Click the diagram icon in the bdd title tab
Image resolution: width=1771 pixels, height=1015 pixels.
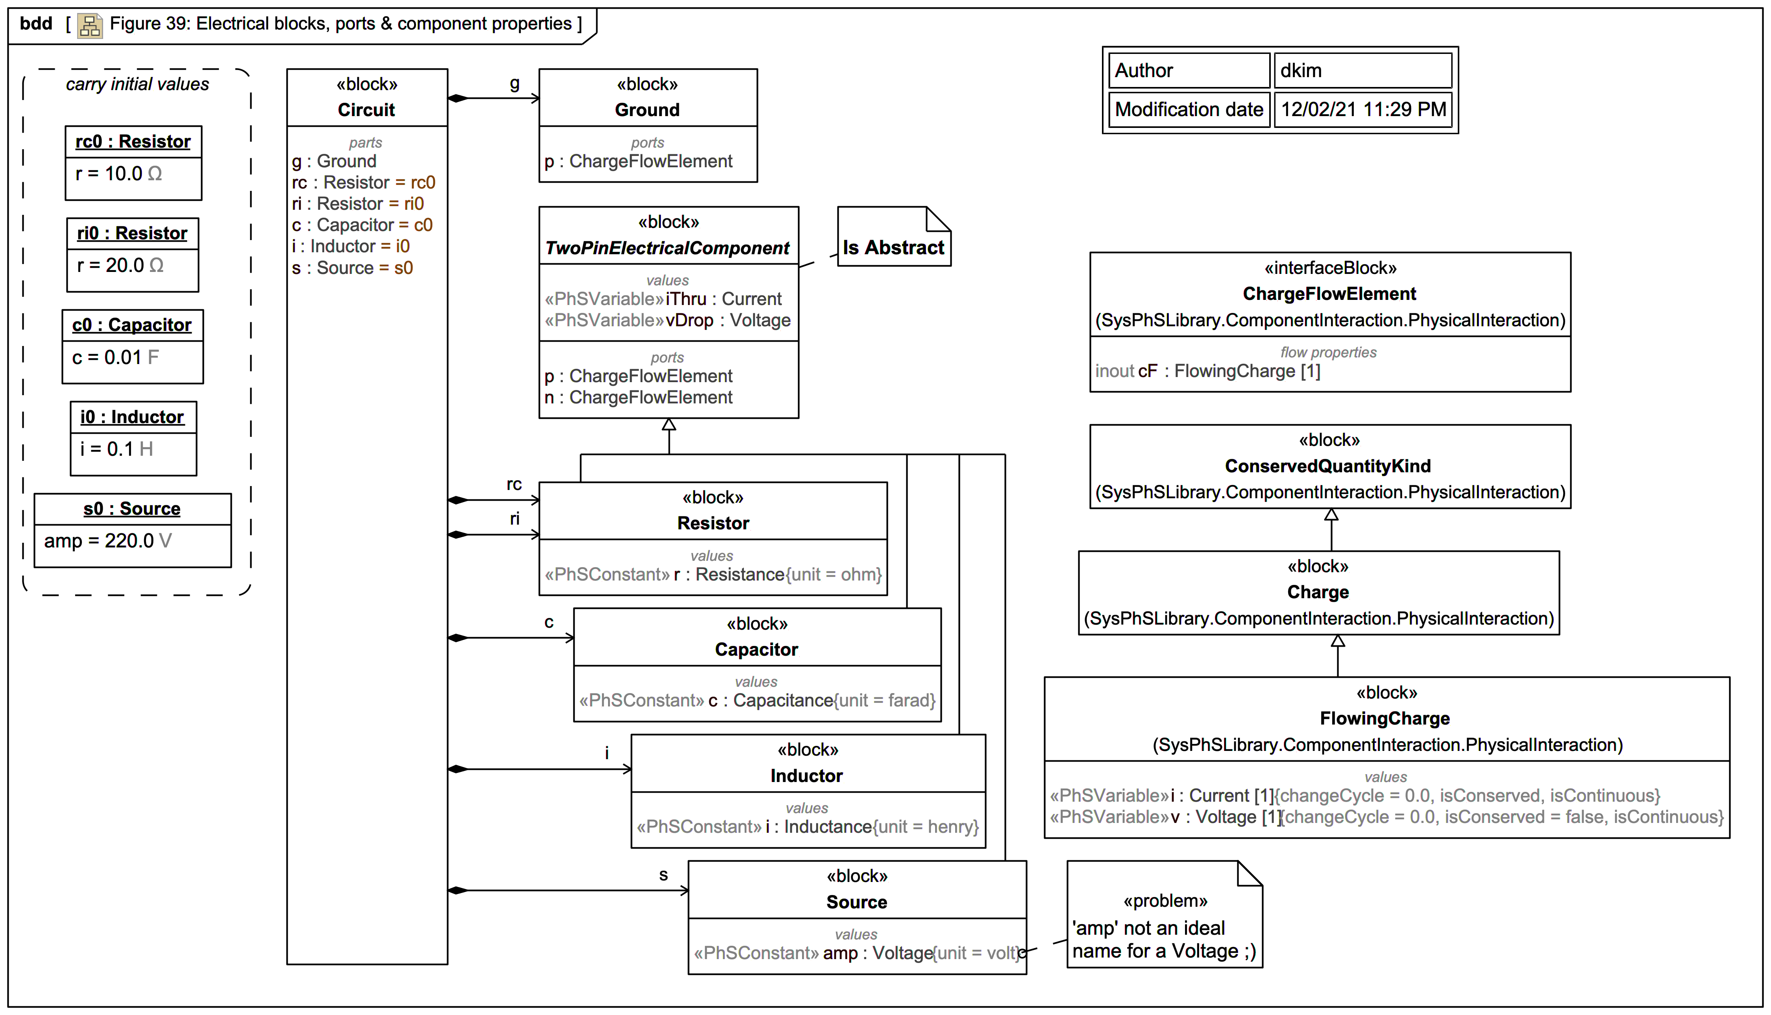(x=90, y=25)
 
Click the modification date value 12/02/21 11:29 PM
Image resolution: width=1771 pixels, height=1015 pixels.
(x=1362, y=109)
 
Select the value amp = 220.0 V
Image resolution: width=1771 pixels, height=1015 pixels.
(x=107, y=541)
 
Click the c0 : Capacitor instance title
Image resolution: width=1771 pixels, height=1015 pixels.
(x=132, y=325)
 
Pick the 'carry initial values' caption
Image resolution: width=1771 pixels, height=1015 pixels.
(x=137, y=84)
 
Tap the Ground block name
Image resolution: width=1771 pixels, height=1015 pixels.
(x=647, y=110)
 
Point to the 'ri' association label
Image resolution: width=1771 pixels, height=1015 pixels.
(x=514, y=519)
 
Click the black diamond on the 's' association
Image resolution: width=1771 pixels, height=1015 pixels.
(x=458, y=890)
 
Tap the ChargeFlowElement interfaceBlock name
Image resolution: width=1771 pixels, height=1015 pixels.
(x=1329, y=294)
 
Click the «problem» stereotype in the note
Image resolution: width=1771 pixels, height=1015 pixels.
(x=1165, y=901)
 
